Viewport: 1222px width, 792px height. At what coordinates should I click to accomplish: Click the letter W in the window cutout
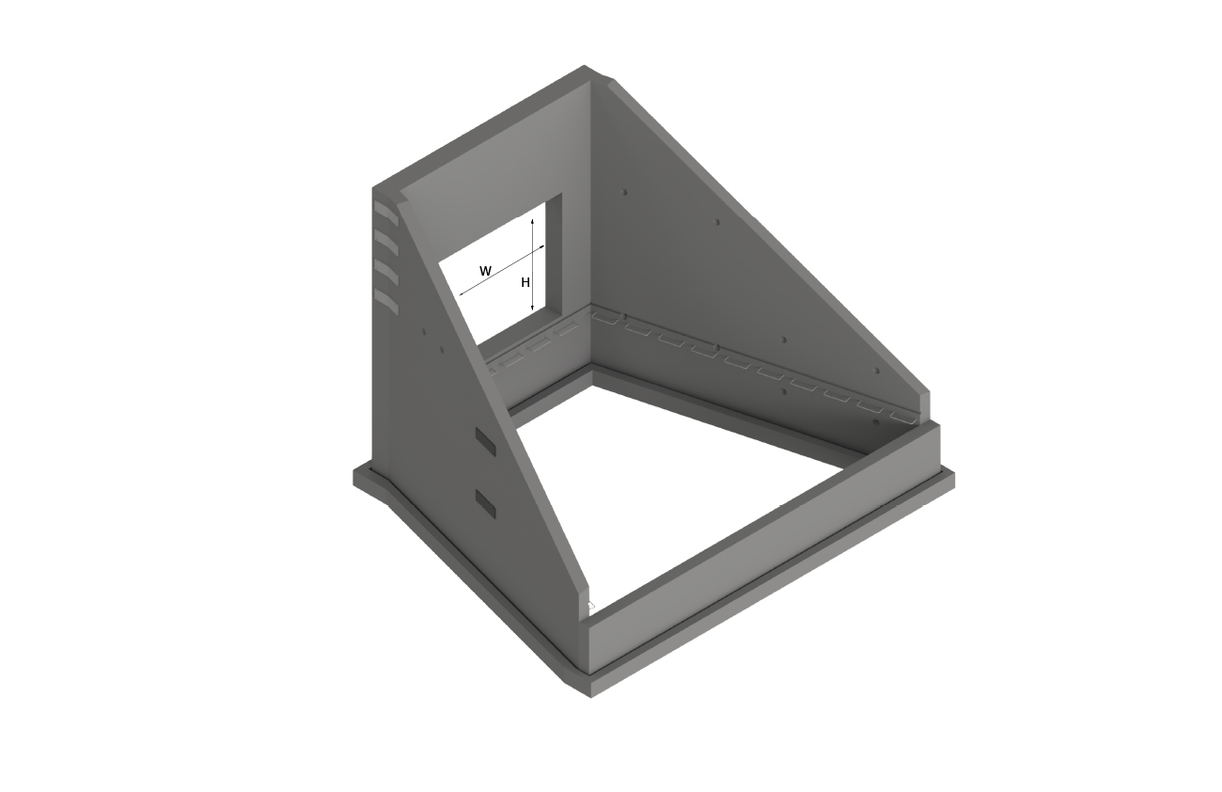pos(486,271)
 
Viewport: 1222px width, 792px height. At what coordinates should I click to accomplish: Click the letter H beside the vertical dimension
pos(525,283)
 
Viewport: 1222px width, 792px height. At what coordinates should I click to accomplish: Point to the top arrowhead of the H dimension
pos(532,222)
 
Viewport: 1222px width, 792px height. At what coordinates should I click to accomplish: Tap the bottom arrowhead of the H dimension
pos(532,309)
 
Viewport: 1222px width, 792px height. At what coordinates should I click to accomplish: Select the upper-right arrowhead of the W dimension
pos(541,247)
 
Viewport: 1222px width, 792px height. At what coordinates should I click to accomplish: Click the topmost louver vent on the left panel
pos(386,212)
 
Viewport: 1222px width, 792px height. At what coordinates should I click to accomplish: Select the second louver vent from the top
pos(386,243)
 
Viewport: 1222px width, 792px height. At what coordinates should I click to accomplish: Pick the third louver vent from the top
pos(386,273)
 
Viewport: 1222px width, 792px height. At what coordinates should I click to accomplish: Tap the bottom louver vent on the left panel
pos(386,302)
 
